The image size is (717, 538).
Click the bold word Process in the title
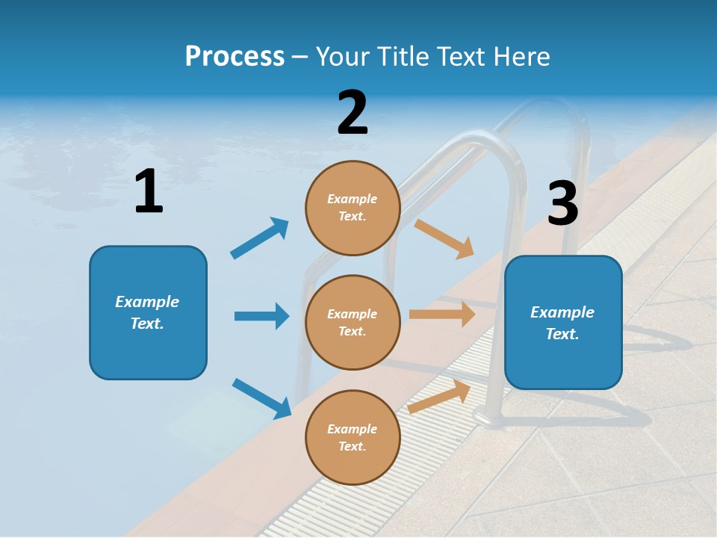click(235, 57)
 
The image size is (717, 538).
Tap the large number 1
click(149, 192)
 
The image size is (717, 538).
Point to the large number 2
click(353, 113)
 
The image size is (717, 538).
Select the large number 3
click(562, 203)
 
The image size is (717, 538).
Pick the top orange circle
click(353, 208)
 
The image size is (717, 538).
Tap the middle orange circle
click(353, 322)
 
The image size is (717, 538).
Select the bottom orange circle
click(353, 437)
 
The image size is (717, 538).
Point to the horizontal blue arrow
click(261, 316)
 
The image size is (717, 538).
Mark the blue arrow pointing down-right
click(261, 398)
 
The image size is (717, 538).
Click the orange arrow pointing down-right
click(444, 238)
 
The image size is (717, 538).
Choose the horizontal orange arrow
click(442, 315)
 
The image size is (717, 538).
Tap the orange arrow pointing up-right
click(439, 397)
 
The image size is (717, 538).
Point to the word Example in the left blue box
click(147, 302)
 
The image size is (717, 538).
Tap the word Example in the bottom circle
click(353, 429)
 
